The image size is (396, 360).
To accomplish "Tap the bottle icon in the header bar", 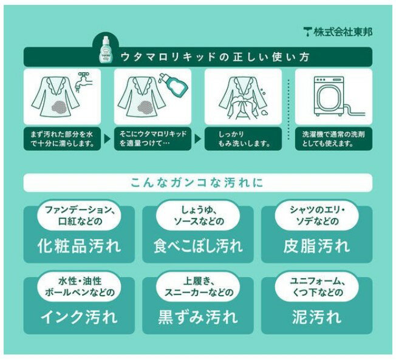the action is pos(105,50).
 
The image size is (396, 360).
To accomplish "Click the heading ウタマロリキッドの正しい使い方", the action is pos(215,57).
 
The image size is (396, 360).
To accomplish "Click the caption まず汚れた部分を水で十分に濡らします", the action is pos(63,139).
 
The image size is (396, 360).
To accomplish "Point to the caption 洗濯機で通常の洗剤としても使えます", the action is pos(333,139).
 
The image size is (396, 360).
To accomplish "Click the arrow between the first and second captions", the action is pos(107,138).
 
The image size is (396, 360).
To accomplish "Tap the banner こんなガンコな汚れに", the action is pos(198,183).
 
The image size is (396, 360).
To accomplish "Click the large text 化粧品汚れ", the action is pos(79,246).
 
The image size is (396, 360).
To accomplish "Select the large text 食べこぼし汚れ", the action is pos(198,246).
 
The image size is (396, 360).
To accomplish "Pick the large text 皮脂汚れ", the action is pos(316,246).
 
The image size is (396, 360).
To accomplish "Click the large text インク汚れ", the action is pos(79,317).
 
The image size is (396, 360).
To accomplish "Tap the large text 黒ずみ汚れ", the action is pos(198,317).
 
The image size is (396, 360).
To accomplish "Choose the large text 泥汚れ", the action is pos(316,317).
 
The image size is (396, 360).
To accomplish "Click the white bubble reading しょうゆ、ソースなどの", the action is pos(198,215).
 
